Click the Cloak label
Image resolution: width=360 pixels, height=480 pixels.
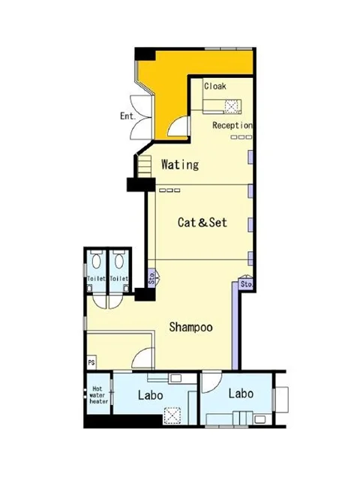click(215, 86)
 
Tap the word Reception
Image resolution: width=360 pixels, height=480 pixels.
click(232, 125)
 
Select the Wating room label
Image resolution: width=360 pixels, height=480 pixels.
click(180, 164)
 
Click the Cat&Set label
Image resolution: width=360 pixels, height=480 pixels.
click(202, 222)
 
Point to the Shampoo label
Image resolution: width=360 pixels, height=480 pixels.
click(191, 327)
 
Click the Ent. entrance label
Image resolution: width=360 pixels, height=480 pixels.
click(127, 116)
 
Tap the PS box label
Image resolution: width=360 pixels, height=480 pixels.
click(91, 363)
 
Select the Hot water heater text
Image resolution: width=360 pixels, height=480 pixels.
click(98, 395)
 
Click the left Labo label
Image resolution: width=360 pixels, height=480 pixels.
click(150, 395)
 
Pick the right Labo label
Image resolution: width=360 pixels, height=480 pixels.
click(241, 393)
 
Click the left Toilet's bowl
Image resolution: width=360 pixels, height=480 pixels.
click(97, 260)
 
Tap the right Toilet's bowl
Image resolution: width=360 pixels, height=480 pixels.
click(119, 260)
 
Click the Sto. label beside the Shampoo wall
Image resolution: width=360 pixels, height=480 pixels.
click(151, 278)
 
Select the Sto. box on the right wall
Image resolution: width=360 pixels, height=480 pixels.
click(247, 284)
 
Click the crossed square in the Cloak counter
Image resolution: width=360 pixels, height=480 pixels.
click(232, 106)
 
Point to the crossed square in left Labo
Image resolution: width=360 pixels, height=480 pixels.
click(172, 415)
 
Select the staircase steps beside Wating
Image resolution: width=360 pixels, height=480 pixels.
click(144, 166)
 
